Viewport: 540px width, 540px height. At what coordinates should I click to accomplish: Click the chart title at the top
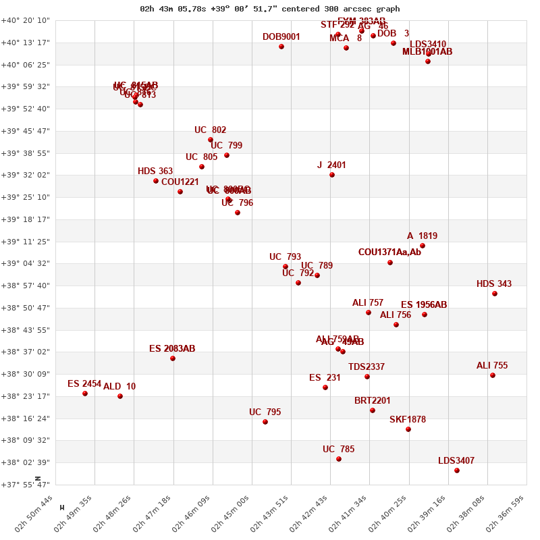[269, 9]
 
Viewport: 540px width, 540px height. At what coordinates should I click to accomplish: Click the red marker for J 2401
[332, 175]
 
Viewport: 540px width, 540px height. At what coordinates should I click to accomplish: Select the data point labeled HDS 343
[495, 294]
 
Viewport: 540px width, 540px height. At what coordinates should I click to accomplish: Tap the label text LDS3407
[456, 461]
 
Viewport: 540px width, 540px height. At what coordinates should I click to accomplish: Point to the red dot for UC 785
[339, 459]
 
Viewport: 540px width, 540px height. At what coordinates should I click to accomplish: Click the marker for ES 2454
[85, 394]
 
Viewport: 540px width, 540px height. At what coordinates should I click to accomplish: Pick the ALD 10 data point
[120, 396]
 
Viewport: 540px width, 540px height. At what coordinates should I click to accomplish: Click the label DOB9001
[281, 37]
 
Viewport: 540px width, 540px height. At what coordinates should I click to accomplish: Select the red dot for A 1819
[423, 246]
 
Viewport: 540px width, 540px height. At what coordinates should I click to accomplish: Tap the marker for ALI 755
[493, 375]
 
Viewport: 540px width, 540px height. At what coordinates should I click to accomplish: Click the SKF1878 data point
[408, 429]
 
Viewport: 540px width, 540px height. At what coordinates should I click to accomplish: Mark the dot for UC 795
[265, 422]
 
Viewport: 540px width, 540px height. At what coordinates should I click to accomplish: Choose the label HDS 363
[155, 171]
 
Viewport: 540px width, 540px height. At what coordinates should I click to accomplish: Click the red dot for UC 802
[211, 140]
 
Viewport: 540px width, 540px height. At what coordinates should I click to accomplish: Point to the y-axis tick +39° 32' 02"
[27, 175]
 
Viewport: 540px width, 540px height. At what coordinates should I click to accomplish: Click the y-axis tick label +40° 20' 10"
[27, 20]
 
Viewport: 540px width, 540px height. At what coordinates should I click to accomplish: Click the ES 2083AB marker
[173, 358]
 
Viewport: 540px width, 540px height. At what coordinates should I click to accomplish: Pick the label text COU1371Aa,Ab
[389, 252]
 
